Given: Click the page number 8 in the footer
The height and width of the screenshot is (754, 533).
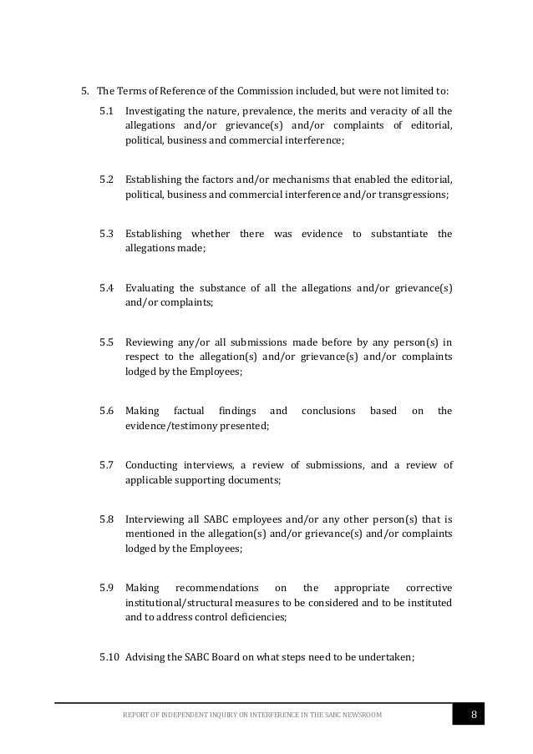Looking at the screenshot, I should [474, 716].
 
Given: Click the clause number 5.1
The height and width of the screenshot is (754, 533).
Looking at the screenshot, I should [107, 111].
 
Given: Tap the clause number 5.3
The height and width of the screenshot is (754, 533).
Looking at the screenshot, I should [107, 233].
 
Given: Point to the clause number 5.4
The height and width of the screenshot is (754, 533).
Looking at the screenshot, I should [107, 288].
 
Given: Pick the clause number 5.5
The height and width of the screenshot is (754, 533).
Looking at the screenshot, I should [107, 342].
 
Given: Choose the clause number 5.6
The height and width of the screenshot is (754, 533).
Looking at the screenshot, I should [107, 411].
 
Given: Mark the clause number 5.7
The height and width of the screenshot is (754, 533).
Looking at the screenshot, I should [107, 465].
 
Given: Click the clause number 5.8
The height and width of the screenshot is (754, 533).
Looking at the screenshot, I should [107, 519].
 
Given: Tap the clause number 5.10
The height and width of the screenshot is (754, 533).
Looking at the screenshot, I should [109, 657].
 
